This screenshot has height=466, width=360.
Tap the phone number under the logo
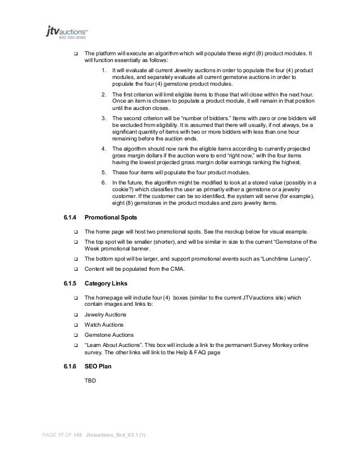(74, 38)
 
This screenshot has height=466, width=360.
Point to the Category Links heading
(106, 282)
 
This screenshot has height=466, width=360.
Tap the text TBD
(90, 381)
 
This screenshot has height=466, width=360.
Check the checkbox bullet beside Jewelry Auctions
(74, 314)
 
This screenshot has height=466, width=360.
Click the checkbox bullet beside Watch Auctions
(74, 325)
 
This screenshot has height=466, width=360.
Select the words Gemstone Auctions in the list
(107, 335)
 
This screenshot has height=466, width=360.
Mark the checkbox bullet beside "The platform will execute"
(74, 54)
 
